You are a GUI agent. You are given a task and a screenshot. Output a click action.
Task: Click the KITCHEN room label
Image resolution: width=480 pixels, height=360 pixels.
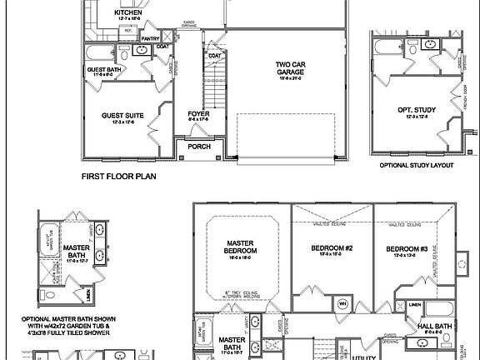click(127, 13)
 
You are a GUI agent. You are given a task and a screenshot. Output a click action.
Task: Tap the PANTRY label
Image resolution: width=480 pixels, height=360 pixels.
click(150, 38)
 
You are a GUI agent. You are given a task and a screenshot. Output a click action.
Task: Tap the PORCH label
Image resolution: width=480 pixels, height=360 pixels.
click(198, 147)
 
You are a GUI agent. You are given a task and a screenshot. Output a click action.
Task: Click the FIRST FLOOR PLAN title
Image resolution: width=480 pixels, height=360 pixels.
click(119, 177)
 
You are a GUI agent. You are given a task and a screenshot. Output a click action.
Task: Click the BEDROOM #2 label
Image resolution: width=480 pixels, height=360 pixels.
click(332, 249)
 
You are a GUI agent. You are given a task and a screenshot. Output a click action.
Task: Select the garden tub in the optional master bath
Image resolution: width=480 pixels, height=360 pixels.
click(48, 243)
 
